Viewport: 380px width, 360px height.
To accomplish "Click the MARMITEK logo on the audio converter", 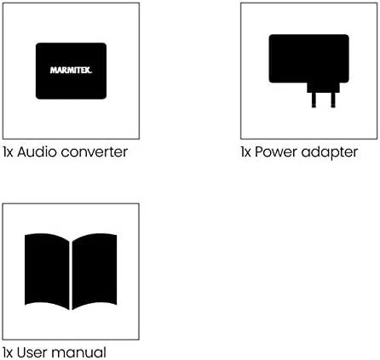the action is tap(71, 71).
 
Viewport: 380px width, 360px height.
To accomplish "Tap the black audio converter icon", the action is tap(71, 71).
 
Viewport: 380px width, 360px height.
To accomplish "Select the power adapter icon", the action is tap(309, 71).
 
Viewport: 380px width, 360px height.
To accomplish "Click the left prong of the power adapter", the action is tap(314, 100).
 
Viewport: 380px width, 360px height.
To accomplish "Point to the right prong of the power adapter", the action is tap(333, 100).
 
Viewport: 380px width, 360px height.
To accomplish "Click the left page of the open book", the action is tap(47, 271).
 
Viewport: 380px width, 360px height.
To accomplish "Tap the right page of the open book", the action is tap(95, 271).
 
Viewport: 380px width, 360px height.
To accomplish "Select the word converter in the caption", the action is tap(95, 152).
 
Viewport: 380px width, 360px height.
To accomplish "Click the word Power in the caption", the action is tap(276, 151).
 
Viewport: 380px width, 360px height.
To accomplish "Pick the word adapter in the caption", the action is tap(330, 153).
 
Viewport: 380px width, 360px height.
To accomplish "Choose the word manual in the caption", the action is tap(79, 352).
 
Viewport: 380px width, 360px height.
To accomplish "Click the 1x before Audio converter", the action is tap(8, 152).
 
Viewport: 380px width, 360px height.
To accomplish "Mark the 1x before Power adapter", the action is tap(245, 152).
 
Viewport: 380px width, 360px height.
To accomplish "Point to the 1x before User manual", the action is tap(8, 353).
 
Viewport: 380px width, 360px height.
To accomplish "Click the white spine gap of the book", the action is tap(71, 275).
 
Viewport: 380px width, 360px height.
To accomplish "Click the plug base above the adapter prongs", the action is tap(323, 88).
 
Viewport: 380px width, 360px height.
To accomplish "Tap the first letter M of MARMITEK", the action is tap(53, 71).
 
